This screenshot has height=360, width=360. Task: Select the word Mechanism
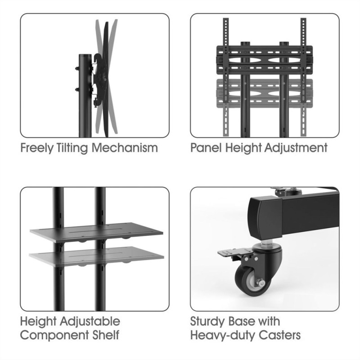125,148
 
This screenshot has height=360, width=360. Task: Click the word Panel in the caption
206,148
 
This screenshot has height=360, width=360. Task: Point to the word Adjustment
296,148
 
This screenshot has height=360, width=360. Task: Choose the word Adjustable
90,321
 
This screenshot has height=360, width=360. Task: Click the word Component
54,335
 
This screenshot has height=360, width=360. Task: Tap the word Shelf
106,335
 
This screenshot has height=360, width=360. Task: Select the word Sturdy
207,321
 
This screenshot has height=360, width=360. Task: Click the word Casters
279,335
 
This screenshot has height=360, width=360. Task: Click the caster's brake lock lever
229,253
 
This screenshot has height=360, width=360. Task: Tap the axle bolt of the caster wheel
261,282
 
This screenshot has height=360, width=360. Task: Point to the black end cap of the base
265,217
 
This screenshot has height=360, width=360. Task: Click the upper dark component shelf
96,232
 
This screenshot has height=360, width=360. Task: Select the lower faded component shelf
96,256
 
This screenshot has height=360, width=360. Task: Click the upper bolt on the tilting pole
77,68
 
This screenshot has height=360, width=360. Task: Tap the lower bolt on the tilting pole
77,89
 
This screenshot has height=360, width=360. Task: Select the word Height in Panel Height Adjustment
243,148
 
